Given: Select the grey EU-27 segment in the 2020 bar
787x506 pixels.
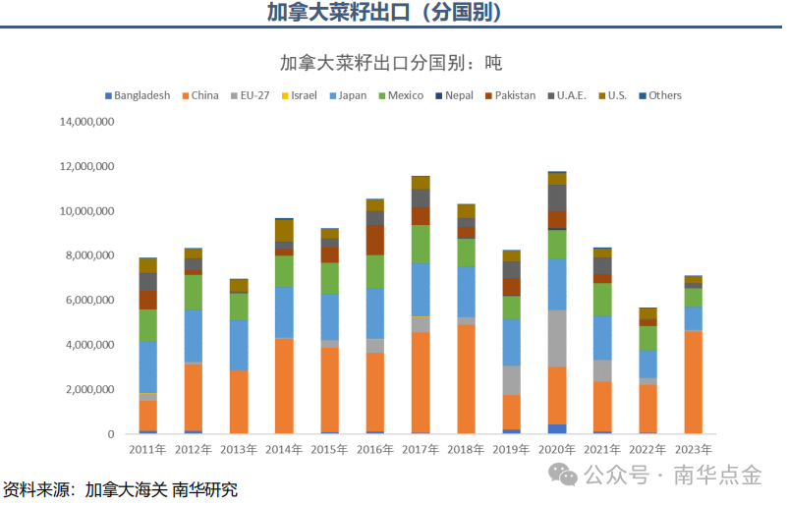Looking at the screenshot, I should pos(557,338).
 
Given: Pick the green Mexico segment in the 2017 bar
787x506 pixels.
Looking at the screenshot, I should pos(421,244).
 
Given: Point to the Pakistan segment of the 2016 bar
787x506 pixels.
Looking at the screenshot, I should pos(375,240).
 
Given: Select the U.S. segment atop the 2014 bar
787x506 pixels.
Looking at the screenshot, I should pos(284,230).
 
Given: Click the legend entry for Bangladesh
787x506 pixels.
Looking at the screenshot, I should pos(137,95).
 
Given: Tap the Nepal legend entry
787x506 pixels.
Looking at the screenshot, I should pos(453,95).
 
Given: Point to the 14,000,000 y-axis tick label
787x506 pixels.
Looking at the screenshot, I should pos(87,122).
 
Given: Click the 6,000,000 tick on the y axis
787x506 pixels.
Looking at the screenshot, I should pos(90,300).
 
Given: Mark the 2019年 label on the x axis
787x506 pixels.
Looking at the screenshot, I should pos(511,450).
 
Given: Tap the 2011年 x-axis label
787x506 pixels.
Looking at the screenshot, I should pos(147,450).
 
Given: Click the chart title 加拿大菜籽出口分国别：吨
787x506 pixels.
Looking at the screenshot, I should pos(390,62).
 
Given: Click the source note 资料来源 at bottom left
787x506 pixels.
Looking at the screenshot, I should pos(119,489).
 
